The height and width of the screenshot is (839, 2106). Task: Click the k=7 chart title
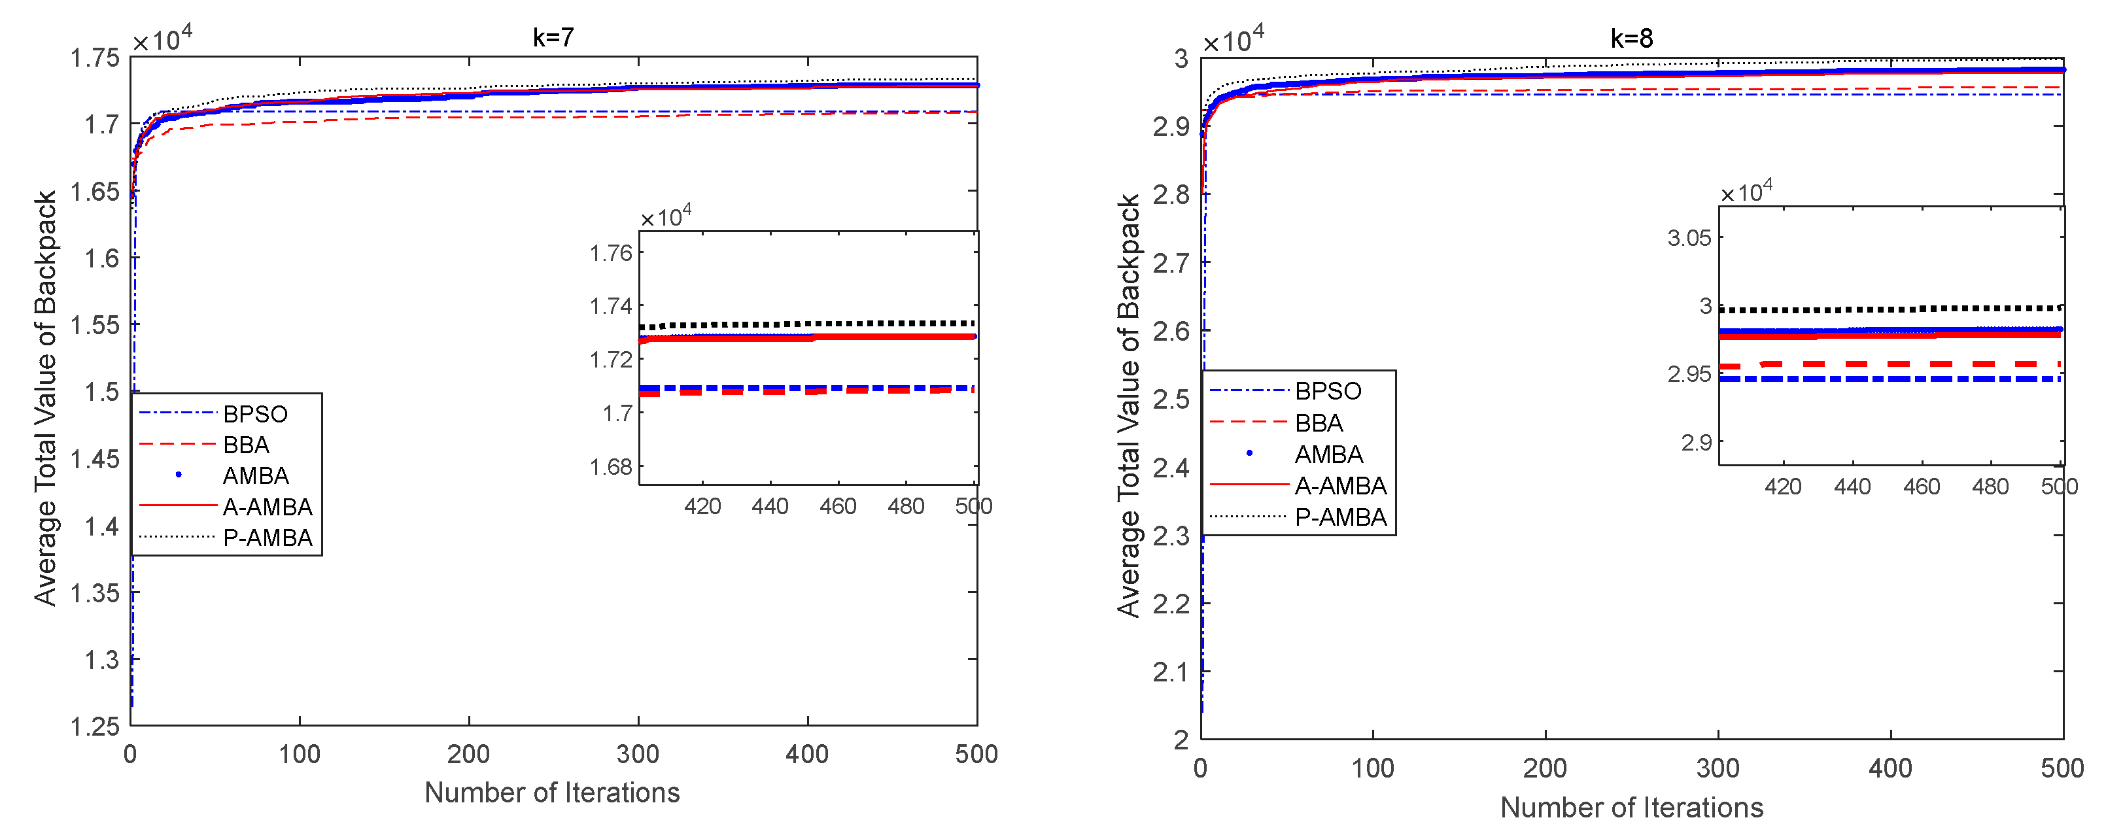553,38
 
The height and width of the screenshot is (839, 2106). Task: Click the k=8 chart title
1631,39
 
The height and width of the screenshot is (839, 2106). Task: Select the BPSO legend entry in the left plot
254,414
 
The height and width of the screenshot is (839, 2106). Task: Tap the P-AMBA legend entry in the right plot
1340,517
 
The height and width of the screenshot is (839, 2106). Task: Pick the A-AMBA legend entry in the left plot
267,507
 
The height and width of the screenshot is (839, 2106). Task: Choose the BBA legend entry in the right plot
1318,423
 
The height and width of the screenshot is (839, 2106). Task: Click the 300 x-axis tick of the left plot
638,754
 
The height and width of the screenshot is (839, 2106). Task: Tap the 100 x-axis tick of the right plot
1372,768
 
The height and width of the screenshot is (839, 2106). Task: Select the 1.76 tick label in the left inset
611,252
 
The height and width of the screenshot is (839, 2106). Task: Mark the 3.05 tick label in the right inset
1688,238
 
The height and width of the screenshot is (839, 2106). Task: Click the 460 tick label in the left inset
837,506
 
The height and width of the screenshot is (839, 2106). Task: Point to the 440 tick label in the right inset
1852,487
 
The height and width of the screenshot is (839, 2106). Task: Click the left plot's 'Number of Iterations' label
552,793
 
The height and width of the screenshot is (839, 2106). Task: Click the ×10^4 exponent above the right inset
1747,192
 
